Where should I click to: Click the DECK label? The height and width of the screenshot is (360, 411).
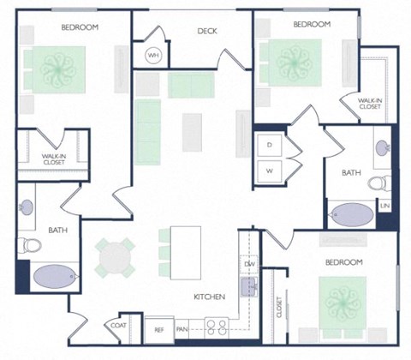pyautogui.click(x=207, y=31)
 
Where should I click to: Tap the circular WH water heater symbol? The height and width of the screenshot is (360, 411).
pyautogui.click(x=154, y=56)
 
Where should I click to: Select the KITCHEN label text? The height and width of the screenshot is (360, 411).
pyautogui.click(x=209, y=297)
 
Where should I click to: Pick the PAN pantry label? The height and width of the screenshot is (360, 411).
pyautogui.click(x=182, y=328)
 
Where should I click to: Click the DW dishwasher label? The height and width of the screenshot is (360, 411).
pyautogui.click(x=249, y=264)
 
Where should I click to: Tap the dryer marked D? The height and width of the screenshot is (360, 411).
pyautogui.click(x=269, y=146)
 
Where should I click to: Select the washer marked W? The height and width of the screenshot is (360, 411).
pyautogui.click(x=269, y=171)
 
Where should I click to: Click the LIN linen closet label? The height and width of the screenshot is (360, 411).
pyautogui.click(x=385, y=207)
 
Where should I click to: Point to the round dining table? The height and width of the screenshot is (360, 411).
pyautogui.click(x=114, y=255)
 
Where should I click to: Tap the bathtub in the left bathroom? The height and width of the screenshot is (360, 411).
pyautogui.click(x=55, y=277)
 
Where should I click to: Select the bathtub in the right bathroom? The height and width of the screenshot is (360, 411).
pyautogui.click(x=353, y=213)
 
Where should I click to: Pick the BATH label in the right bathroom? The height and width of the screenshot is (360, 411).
pyautogui.click(x=351, y=172)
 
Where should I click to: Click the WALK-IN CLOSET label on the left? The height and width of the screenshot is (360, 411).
pyautogui.click(x=54, y=159)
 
